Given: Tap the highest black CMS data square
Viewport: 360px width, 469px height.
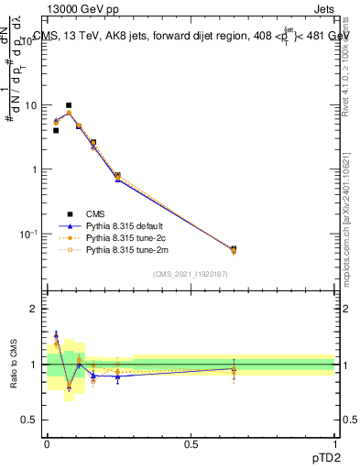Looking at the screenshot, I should coord(69,105).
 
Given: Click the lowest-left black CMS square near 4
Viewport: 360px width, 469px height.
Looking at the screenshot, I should coord(56,130).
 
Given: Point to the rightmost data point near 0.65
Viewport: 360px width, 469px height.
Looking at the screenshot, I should coord(234,249).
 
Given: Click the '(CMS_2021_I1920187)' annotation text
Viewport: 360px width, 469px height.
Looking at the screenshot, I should coord(191,273).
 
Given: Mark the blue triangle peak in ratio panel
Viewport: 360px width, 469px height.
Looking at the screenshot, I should coord(56,334).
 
